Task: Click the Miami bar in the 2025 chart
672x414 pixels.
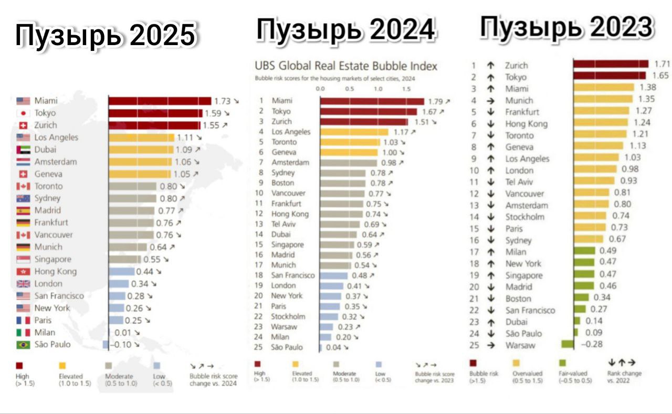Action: click(x=160, y=101)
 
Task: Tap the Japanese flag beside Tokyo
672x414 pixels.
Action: click(x=23, y=113)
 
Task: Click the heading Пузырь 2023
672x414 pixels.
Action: click(x=567, y=27)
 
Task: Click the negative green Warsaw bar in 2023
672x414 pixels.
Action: click(x=567, y=345)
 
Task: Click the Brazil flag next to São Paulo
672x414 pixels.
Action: click(x=23, y=345)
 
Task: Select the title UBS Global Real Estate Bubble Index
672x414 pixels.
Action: click(x=346, y=66)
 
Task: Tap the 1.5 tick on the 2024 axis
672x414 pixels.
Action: click(x=406, y=89)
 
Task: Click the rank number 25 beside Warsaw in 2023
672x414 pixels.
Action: click(x=474, y=345)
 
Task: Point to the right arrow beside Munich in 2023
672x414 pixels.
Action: click(x=491, y=100)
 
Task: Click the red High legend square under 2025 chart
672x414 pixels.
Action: click(x=19, y=366)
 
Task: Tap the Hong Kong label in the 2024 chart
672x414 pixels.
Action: click(x=290, y=214)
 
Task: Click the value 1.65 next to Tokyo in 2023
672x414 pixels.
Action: click(x=660, y=76)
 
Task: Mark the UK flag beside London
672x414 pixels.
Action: click(x=23, y=284)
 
